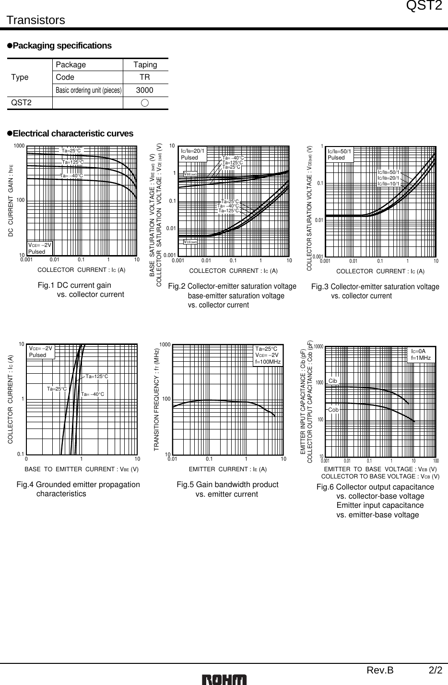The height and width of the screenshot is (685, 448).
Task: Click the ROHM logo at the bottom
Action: tap(224, 679)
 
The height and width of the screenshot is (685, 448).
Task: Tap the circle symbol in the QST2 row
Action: tap(145, 103)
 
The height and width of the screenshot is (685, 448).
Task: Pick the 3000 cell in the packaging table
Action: tap(144, 90)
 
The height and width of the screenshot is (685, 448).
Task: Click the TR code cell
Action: tap(144, 77)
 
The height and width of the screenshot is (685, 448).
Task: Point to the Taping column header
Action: tap(145, 64)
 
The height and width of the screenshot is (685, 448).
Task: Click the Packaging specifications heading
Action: tap(62, 46)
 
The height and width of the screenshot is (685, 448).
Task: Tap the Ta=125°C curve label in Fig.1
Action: tap(73, 162)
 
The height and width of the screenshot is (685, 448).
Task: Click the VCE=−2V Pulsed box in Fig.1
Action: tap(39, 248)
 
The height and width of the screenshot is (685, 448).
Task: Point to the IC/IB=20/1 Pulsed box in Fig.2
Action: tap(193, 154)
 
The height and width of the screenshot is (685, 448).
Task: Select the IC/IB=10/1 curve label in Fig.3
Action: tap(388, 183)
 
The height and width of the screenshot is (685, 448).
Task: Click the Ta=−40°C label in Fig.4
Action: tap(93, 394)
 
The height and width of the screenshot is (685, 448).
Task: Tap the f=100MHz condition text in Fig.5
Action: tap(268, 361)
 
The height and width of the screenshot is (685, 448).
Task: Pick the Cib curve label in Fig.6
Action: tap(333, 381)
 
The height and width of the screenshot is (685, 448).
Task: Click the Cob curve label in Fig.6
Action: tap(333, 410)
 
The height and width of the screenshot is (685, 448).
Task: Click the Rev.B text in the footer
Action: tap(380, 671)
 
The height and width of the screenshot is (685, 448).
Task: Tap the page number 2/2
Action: tap(436, 671)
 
